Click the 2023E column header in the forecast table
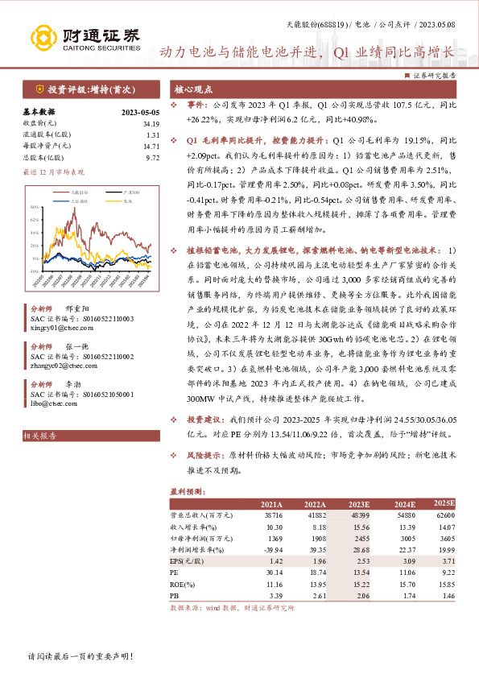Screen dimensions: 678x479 pyautogui.click(x=358, y=503)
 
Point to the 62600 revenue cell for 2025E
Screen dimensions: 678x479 pyautogui.click(x=446, y=515)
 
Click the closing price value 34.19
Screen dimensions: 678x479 pyautogui.click(x=151, y=123)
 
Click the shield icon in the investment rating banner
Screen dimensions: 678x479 pyautogui.click(x=39, y=89)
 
